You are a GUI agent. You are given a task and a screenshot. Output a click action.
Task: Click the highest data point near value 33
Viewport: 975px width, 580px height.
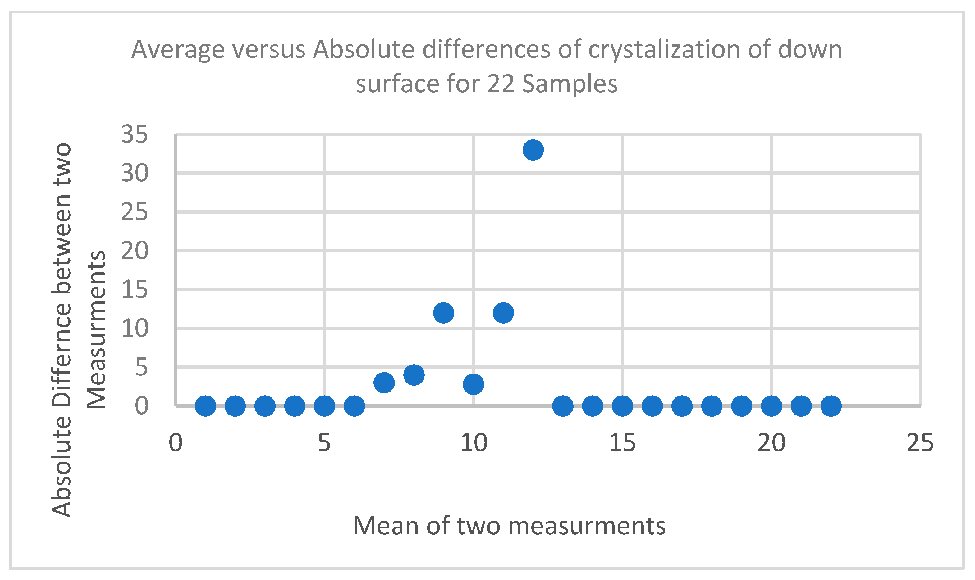point(533,150)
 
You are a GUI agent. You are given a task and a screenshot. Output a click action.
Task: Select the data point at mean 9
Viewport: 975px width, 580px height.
point(443,313)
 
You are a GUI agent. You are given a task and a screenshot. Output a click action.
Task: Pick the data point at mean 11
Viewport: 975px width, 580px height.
point(503,313)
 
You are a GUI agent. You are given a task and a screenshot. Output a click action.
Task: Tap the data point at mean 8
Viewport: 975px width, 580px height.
point(414,375)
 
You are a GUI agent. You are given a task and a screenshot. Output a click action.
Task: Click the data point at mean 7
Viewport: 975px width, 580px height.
point(384,383)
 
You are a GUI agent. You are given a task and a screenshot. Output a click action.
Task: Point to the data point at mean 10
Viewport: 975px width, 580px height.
point(474,384)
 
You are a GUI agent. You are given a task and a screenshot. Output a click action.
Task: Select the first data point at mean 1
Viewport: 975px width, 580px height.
point(205,406)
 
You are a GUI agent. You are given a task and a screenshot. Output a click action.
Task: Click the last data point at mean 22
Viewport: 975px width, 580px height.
point(831,406)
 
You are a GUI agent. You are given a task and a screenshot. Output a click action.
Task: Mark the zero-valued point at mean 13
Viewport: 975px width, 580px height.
point(563,406)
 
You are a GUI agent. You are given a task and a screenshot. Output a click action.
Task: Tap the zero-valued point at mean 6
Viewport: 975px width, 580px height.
point(354,406)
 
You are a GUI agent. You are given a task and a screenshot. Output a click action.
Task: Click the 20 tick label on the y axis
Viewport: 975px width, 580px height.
point(135,251)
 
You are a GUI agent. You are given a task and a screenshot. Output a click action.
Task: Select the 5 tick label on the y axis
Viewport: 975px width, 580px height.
point(141,367)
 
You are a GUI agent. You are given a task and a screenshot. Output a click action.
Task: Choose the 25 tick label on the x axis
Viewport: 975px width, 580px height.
point(920,443)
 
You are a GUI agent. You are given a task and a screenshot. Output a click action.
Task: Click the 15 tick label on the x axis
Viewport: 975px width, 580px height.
point(622,443)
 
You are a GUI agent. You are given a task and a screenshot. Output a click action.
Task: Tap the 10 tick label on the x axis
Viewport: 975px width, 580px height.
point(474,443)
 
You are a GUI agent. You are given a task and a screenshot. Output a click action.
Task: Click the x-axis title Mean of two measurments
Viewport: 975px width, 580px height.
point(509,526)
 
